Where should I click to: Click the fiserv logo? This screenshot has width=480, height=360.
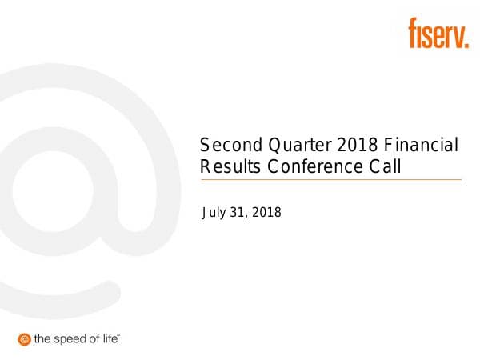[x=438, y=34]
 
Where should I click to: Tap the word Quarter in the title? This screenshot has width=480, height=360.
[x=290, y=146]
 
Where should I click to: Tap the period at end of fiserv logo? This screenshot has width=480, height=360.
[x=466, y=45]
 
